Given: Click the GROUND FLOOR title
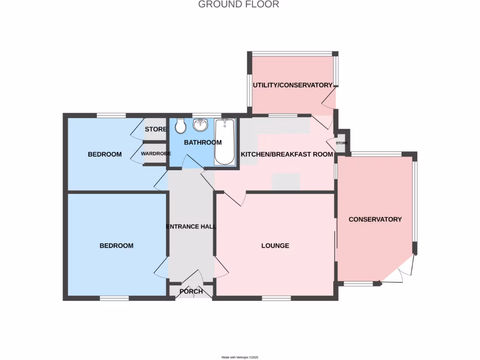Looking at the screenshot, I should coord(239,5).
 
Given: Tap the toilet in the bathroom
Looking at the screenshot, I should coord(180,126).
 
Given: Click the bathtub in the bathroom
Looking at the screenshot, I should coord(225,142).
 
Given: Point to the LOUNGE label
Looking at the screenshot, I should coord(275,246).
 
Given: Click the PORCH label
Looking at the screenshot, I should coord(191,292).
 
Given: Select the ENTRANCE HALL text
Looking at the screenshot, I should coord(191,227).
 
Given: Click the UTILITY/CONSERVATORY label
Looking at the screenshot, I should coord(292,85).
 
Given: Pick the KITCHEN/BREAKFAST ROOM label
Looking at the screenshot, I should coord(287,154).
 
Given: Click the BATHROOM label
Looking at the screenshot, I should coord(202,142).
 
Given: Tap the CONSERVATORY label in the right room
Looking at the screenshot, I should coord(375,219).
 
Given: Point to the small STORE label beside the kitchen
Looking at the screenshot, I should coord(341,143).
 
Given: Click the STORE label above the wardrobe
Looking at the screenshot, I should coord(156,129).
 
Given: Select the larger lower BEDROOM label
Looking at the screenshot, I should coord(116,246).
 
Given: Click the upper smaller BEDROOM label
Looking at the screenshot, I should coord(105,154).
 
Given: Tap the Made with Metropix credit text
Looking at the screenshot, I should coord(240,357).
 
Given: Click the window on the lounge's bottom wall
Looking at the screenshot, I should coord(276,298).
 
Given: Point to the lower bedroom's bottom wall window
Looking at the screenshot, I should coord(114,298).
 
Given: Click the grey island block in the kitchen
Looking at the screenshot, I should coord(286,180).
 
